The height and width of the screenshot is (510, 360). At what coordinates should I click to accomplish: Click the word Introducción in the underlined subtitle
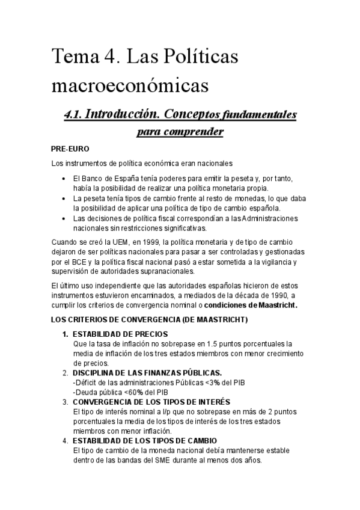pyautogui.click(x=124, y=114)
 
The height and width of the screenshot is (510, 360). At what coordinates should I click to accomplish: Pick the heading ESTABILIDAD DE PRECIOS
pyautogui.click(x=120, y=334)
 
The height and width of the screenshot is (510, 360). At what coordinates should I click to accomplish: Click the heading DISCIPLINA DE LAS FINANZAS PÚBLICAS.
pyautogui.click(x=147, y=372)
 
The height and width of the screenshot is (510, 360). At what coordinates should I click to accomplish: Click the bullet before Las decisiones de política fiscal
pyautogui.click(x=66, y=218)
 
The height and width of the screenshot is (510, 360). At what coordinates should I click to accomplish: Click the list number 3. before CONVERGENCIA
pyautogui.click(x=66, y=401)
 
